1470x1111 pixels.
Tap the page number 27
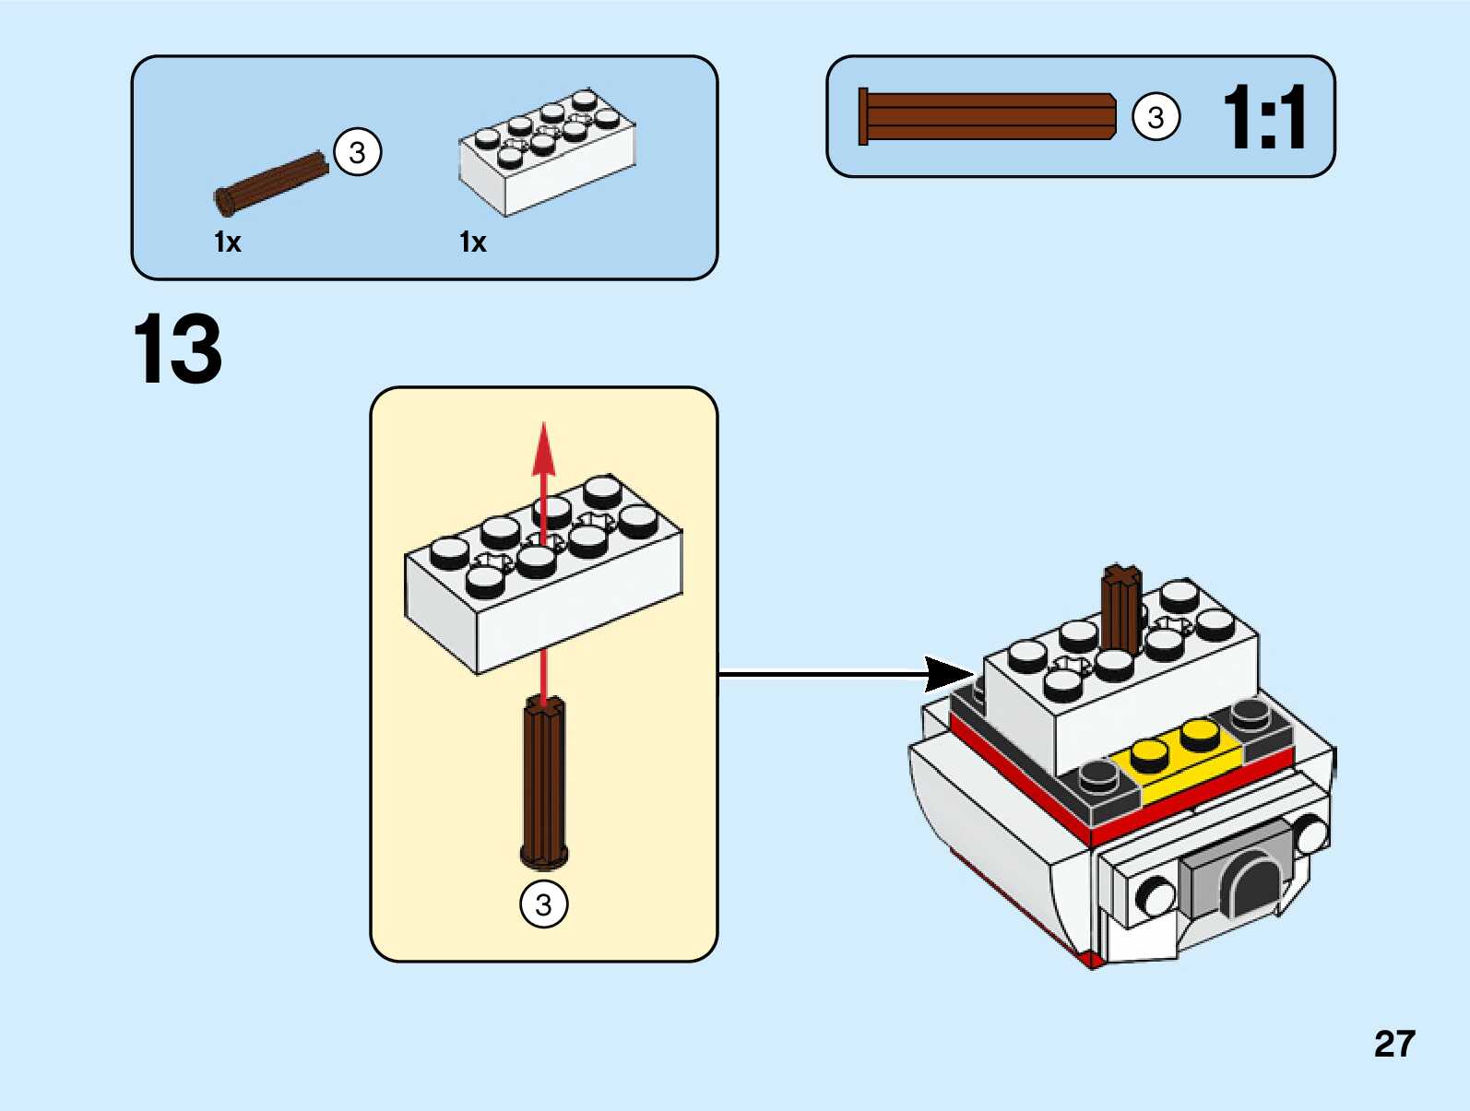click(1393, 1044)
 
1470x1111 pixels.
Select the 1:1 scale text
click(1263, 117)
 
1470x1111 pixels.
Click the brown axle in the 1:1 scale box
click(987, 116)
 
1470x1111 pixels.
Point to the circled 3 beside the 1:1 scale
click(1155, 117)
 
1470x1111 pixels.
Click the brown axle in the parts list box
click(272, 183)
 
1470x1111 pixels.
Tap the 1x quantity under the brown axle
click(227, 242)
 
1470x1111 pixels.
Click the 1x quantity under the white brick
click(472, 242)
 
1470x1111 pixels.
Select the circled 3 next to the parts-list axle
click(357, 152)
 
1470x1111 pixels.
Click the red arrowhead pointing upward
click(544, 447)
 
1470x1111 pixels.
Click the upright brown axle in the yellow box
click(544, 784)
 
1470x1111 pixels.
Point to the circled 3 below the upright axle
click(544, 904)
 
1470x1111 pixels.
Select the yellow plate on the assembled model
click(1176, 761)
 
